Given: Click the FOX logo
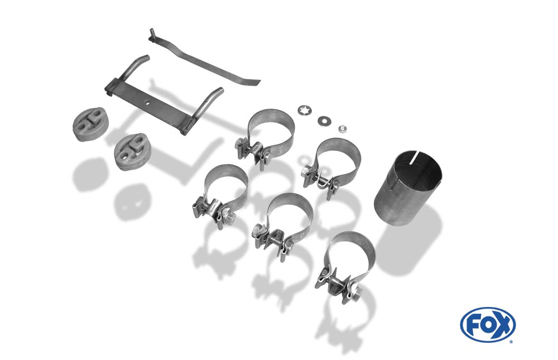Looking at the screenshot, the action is point(488,325).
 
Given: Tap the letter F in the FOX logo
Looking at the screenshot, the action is point(472,325).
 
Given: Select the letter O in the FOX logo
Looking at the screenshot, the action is point(487,325).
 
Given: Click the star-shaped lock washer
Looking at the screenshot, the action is point(305,111).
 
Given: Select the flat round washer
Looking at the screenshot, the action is point(324,121).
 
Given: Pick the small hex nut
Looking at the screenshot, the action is point(343,128).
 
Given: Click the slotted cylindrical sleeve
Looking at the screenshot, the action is point(408,188).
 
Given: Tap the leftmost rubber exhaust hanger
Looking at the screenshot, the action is point(90,124).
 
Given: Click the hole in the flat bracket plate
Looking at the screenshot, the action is point(147,103).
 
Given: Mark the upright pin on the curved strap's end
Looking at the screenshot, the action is point(152,32).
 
